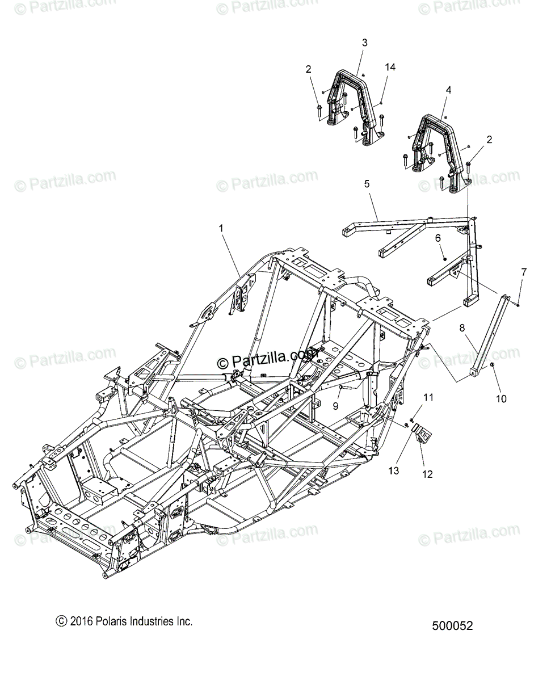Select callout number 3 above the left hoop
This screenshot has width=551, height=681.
pyautogui.click(x=364, y=43)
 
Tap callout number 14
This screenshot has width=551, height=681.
pyautogui.click(x=389, y=67)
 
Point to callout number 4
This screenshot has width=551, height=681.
pyautogui.click(x=448, y=90)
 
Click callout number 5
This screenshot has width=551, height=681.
pyautogui.click(x=367, y=183)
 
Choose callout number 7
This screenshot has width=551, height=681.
pyautogui.click(x=523, y=272)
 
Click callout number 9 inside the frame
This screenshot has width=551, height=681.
pyautogui.click(x=335, y=406)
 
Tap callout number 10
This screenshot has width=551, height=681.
pyautogui.click(x=500, y=398)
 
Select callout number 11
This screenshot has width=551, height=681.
pyautogui.click(x=428, y=397)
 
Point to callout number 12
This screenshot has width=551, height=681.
pyautogui.click(x=427, y=474)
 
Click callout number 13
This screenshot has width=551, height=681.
pyautogui.click(x=394, y=470)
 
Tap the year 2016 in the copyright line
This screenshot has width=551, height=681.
pyautogui.click(x=79, y=621)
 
